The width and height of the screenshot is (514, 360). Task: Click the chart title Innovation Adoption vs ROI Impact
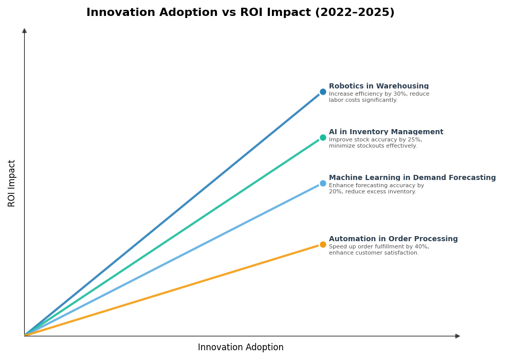[240, 13]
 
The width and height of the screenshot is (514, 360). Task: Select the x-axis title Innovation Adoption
[241, 348]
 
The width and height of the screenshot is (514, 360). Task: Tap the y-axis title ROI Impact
[12, 183]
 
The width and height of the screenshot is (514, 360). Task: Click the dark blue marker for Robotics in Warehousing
[323, 92]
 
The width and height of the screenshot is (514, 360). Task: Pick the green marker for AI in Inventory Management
[323, 138]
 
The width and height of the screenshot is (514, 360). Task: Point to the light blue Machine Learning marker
[323, 184]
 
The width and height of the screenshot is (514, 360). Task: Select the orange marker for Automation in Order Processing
[323, 245]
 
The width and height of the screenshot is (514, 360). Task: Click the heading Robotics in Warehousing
[379, 86]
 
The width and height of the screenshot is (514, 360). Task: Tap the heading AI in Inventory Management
[386, 132]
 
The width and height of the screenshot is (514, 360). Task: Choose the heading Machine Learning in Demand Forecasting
[412, 178]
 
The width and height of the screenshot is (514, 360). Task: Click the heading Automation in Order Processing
[393, 239]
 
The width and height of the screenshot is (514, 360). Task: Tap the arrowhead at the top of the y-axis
[24, 31]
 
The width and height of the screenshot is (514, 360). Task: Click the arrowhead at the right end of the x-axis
[457, 336]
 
